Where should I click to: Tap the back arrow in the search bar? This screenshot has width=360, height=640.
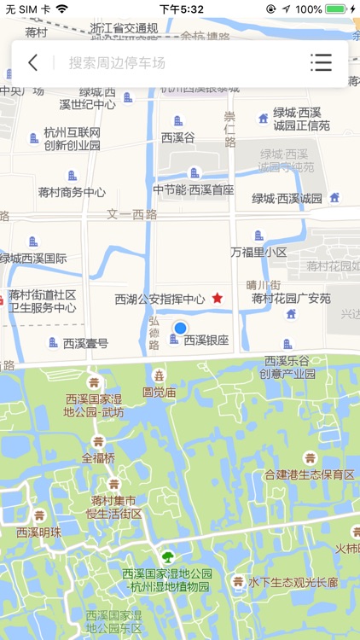(x=32, y=62)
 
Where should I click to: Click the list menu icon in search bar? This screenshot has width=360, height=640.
(x=321, y=62)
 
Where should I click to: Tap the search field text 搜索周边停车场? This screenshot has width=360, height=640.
(x=117, y=62)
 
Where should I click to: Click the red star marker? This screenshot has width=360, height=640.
(x=218, y=298)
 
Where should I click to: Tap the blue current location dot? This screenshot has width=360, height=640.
(x=180, y=328)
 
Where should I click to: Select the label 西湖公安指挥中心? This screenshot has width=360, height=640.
(x=160, y=300)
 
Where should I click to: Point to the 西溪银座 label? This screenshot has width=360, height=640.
(x=206, y=340)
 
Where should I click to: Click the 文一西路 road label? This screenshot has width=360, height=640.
(x=132, y=214)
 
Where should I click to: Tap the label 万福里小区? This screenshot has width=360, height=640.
(x=258, y=253)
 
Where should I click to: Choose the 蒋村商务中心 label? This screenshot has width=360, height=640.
(x=72, y=193)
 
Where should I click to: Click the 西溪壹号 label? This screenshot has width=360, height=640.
(x=85, y=343)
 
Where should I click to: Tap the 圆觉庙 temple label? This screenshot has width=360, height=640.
(x=159, y=393)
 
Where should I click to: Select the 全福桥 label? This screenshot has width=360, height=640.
(x=98, y=457)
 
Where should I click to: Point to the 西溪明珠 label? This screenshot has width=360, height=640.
(x=39, y=532)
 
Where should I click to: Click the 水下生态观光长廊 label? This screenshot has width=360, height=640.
(x=293, y=582)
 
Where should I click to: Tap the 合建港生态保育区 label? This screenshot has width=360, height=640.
(x=309, y=474)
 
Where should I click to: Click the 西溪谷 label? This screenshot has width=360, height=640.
(x=178, y=137)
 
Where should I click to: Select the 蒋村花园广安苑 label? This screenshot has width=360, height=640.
(x=291, y=299)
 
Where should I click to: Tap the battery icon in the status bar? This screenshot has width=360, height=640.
(x=336, y=9)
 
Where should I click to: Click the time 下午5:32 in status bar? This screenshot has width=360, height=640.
(x=181, y=9)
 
